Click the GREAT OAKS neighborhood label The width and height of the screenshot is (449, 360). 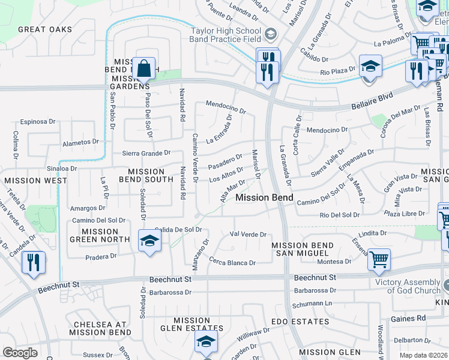[45, 29]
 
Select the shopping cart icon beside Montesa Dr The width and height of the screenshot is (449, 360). [379, 260]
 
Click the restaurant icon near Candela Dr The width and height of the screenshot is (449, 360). [33, 263]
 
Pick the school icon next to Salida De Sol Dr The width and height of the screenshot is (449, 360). [149, 241]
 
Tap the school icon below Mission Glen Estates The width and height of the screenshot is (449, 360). [205, 342]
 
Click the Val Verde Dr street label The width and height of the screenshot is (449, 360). [248, 235]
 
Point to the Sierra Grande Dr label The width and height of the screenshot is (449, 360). [147, 154]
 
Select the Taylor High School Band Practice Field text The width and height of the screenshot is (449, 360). [226, 35]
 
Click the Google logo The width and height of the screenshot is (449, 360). [20, 353]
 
